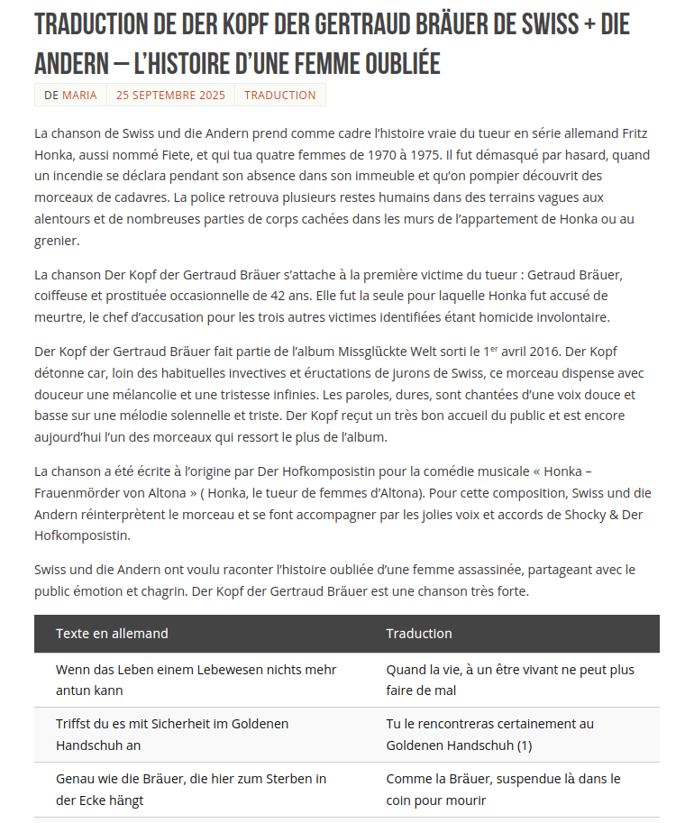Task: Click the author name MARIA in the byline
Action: click(79, 95)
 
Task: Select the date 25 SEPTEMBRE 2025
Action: click(170, 95)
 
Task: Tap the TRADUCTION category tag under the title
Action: click(279, 95)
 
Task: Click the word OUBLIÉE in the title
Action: click(389, 63)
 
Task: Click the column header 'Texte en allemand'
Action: click(112, 634)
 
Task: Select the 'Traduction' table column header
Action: click(419, 634)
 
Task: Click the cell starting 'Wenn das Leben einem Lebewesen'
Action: click(196, 680)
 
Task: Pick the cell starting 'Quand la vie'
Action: click(510, 680)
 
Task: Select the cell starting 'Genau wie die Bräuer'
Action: click(191, 790)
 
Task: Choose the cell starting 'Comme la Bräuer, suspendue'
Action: click(503, 790)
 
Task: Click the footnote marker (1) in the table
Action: click(525, 745)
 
